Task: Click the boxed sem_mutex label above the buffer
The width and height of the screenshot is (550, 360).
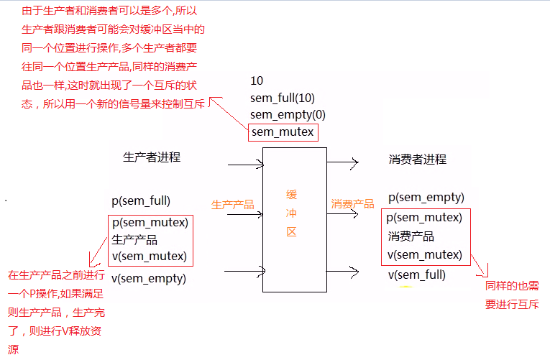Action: (283, 132)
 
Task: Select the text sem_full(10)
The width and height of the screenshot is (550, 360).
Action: (283, 97)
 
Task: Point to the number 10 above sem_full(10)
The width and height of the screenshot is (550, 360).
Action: (257, 80)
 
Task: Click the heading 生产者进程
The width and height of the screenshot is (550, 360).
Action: (152, 157)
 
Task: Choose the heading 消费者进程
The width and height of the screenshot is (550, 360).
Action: (417, 159)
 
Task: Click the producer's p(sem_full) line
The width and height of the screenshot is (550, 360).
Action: (141, 200)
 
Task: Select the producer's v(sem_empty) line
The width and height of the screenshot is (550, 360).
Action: (149, 278)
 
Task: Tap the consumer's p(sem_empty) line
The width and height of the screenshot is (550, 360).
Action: (426, 198)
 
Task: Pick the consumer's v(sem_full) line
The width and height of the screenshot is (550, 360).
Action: (416, 274)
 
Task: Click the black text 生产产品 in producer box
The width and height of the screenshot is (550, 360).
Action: (134, 239)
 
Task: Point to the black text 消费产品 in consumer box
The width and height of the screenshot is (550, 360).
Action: (411, 236)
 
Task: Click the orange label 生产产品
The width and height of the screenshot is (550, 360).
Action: (232, 205)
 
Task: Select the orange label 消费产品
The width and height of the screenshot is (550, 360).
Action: (352, 204)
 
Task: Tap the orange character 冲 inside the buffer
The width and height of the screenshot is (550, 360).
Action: (291, 213)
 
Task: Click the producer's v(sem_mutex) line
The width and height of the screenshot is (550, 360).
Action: (149, 256)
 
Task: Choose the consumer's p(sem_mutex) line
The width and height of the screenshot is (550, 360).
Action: (424, 217)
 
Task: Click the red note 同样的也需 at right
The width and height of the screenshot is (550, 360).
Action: (511, 287)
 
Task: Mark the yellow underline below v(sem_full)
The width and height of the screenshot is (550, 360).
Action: (407, 287)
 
